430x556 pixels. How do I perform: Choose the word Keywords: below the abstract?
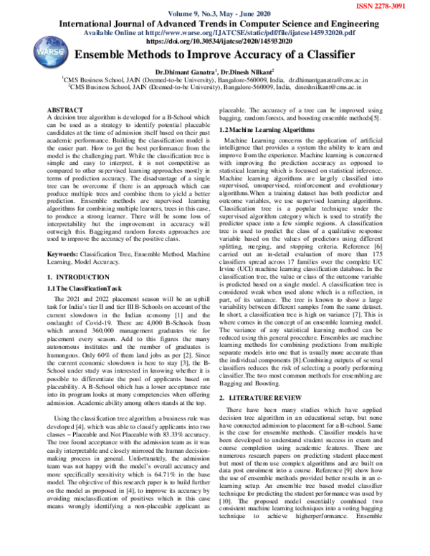pos(62,254)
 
